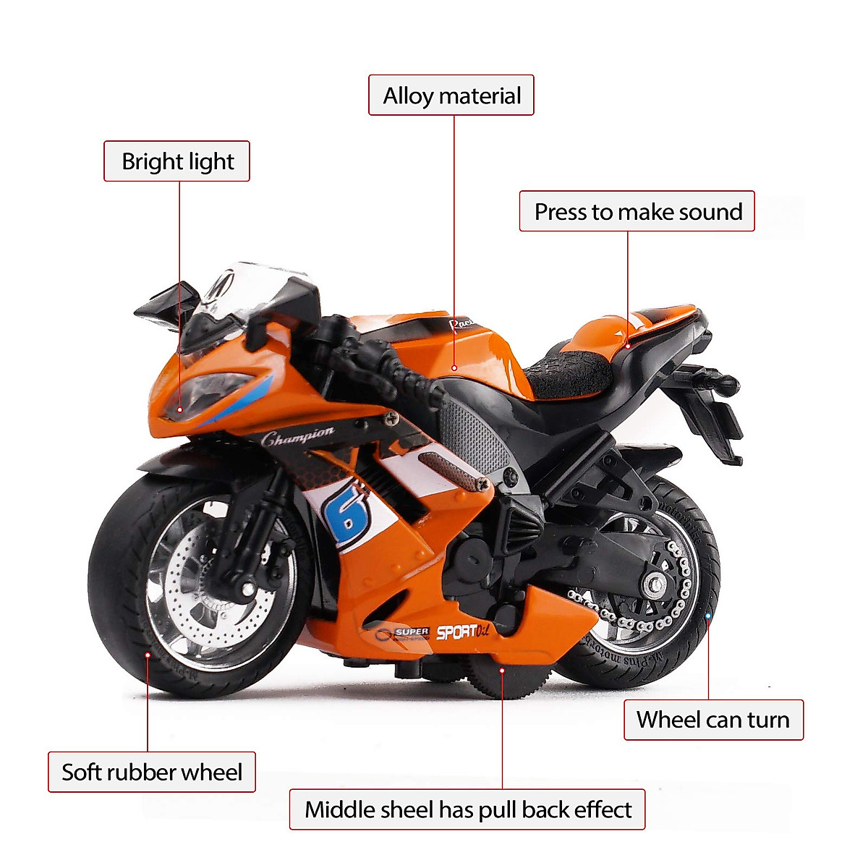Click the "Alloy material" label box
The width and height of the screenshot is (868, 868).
451,95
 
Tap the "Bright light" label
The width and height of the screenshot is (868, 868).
177,161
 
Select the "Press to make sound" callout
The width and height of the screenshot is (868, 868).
637,211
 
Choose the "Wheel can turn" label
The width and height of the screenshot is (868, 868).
713,720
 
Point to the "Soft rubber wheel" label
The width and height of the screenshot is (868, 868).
152,772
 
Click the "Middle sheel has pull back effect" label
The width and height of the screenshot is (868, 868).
467,809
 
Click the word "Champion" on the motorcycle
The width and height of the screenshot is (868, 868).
297,437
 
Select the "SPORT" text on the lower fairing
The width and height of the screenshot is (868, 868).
457,632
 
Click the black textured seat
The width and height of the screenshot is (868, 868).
568,373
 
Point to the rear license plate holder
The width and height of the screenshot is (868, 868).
712,420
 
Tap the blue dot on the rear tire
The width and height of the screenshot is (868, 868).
708,616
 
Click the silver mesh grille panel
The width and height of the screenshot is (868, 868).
474,434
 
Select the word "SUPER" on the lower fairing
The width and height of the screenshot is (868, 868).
412,632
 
